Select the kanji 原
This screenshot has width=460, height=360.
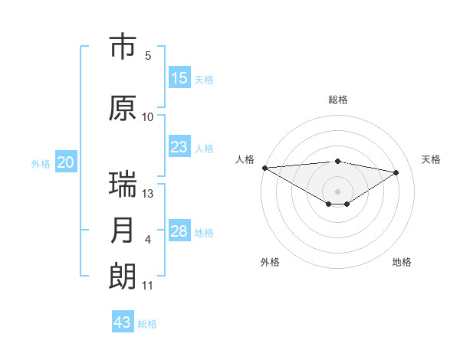(x=123, y=108)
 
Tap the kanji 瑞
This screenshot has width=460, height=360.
(x=123, y=185)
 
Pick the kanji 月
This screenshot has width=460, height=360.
(x=123, y=231)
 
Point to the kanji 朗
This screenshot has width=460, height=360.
(x=123, y=276)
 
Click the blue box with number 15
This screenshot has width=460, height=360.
(x=179, y=78)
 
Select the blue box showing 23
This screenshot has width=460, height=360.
(x=179, y=147)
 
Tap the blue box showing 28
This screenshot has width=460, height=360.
(x=179, y=231)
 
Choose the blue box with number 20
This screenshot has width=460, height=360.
(x=66, y=162)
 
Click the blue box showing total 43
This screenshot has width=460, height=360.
(x=123, y=322)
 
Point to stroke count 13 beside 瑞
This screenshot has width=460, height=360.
(x=148, y=194)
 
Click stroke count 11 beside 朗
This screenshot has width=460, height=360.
(x=148, y=286)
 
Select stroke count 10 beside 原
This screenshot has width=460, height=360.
(x=148, y=117)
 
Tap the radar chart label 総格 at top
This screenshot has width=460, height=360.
(x=337, y=100)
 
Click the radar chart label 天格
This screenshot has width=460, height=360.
(x=432, y=159)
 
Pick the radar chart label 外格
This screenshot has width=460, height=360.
(x=270, y=262)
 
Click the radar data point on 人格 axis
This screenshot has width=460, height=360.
(x=264, y=168)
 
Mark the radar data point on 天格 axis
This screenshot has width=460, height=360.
(x=396, y=172)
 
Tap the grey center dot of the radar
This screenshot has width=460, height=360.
(x=337, y=190)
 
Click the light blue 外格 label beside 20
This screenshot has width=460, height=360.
(x=41, y=163)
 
